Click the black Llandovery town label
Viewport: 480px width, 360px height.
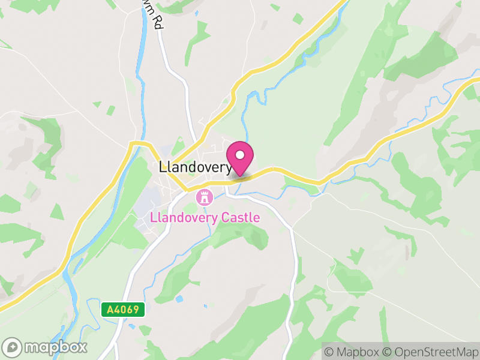coord(196,168)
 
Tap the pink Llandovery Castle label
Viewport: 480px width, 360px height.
coord(206,217)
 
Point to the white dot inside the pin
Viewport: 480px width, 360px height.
coord(240,155)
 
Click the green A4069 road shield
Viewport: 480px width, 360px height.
coord(123,310)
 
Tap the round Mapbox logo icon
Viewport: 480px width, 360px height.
coord(12,347)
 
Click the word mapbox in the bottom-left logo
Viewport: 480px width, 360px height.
coord(54,347)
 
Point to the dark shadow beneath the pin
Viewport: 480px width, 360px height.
coord(241,176)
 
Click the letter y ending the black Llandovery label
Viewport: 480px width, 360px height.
coord(229,169)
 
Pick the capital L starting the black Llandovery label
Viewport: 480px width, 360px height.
coord(163,168)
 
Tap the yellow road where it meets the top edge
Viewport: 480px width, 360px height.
coord(344,2)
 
